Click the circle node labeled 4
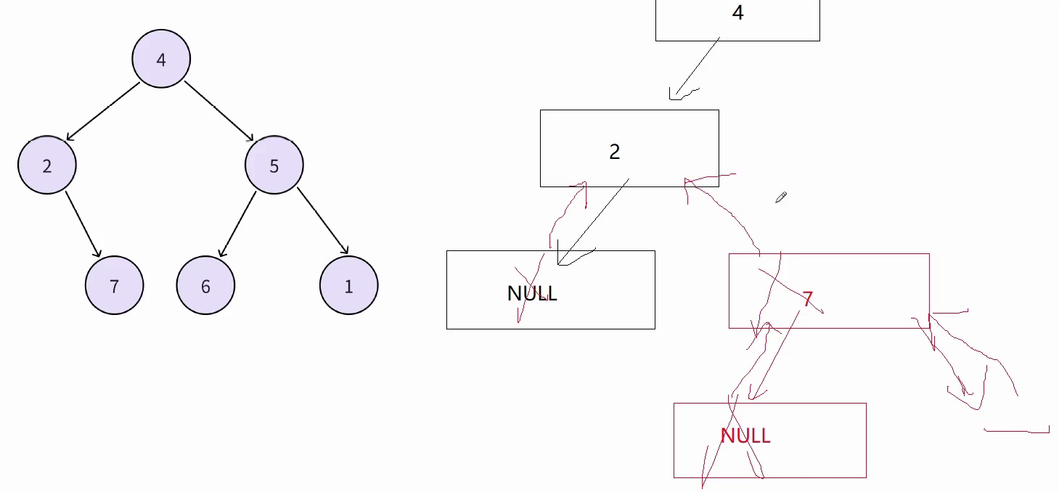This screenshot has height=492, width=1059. tap(161, 60)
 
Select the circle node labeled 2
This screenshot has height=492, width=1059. tap(47, 165)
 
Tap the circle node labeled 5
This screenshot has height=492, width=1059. tap(274, 165)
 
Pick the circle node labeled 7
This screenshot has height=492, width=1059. tap(114, 286)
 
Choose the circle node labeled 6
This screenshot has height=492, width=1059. tap(205, 286)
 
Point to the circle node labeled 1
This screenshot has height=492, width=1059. tap(348, 286)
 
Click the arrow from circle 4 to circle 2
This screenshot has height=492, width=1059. tap(103, 110)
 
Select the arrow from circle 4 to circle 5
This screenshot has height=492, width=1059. tap(218, 110)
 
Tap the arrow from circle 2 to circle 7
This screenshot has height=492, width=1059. tap(83, 224)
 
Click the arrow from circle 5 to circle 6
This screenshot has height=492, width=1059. tap(238, 224)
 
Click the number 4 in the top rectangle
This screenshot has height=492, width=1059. tap(737, 13)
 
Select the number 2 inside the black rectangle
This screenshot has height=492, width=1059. tap(615, 152)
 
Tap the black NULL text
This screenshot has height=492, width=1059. tap(532, 293)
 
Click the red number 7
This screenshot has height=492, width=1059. tap(807, 298)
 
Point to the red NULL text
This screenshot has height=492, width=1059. tap(745, 435)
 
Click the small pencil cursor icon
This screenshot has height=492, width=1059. tap(781, 197)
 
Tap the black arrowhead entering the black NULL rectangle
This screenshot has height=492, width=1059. tap(563, 260)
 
